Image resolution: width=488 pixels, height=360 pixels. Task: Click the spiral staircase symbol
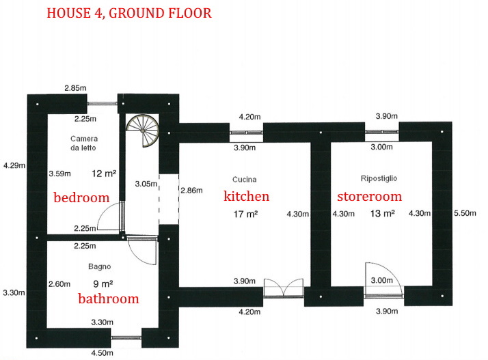click(x=143, y=130)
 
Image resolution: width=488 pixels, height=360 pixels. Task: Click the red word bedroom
click(x=81, y=197)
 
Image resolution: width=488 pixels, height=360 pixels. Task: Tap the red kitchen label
click(x=247, y=196)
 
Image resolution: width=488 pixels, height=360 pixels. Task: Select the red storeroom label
click(x=370, y=196)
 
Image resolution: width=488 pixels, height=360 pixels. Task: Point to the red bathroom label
click(x=108, y=299)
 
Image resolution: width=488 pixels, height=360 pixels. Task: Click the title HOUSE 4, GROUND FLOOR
click(x=129, y=13)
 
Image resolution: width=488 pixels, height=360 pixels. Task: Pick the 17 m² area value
click(x=245, y=214)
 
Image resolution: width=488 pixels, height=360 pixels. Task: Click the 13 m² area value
click(x=383, y=213)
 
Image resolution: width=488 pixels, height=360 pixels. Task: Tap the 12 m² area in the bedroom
click(x=104, y=174)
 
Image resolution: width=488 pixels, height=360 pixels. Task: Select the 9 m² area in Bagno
click(x=103, y=283)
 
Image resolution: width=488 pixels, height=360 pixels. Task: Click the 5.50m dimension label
click(x=465, y=213)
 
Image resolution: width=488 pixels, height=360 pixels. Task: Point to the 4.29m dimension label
click(x=14, y=165)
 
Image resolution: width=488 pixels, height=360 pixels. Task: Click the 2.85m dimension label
click(x=75, y=88)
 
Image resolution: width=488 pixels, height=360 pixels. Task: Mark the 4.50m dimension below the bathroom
click(x=102, y=353)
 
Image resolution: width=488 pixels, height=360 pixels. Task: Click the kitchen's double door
click(x=284, y=288)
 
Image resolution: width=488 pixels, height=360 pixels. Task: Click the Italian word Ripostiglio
click(x=379, y=178)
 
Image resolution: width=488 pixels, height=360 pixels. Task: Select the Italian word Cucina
click(x=244, y=180)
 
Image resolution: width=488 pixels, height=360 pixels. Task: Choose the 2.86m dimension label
click(x=191, y=190)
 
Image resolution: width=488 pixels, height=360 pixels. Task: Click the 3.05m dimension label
click(x=146, y=184)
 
